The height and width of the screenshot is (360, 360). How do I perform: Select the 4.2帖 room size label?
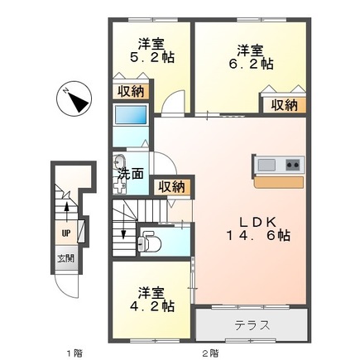coord(155,305)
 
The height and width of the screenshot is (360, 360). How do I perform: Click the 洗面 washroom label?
coord(129,175)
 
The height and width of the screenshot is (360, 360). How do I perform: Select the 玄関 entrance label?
coord(64,258)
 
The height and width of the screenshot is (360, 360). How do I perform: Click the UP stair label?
coord(64,233)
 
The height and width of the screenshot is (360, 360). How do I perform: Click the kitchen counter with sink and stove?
coord(278,166)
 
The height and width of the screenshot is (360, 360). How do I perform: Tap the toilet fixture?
coord(150,242)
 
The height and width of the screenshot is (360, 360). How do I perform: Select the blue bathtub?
coord(130,116)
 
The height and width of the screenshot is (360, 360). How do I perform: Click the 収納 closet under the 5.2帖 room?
coord(130,92)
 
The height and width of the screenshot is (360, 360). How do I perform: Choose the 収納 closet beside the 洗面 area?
coord(170,187)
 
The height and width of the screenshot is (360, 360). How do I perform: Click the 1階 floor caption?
coord(74,351)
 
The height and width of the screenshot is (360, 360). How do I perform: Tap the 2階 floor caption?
coord(211,351)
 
